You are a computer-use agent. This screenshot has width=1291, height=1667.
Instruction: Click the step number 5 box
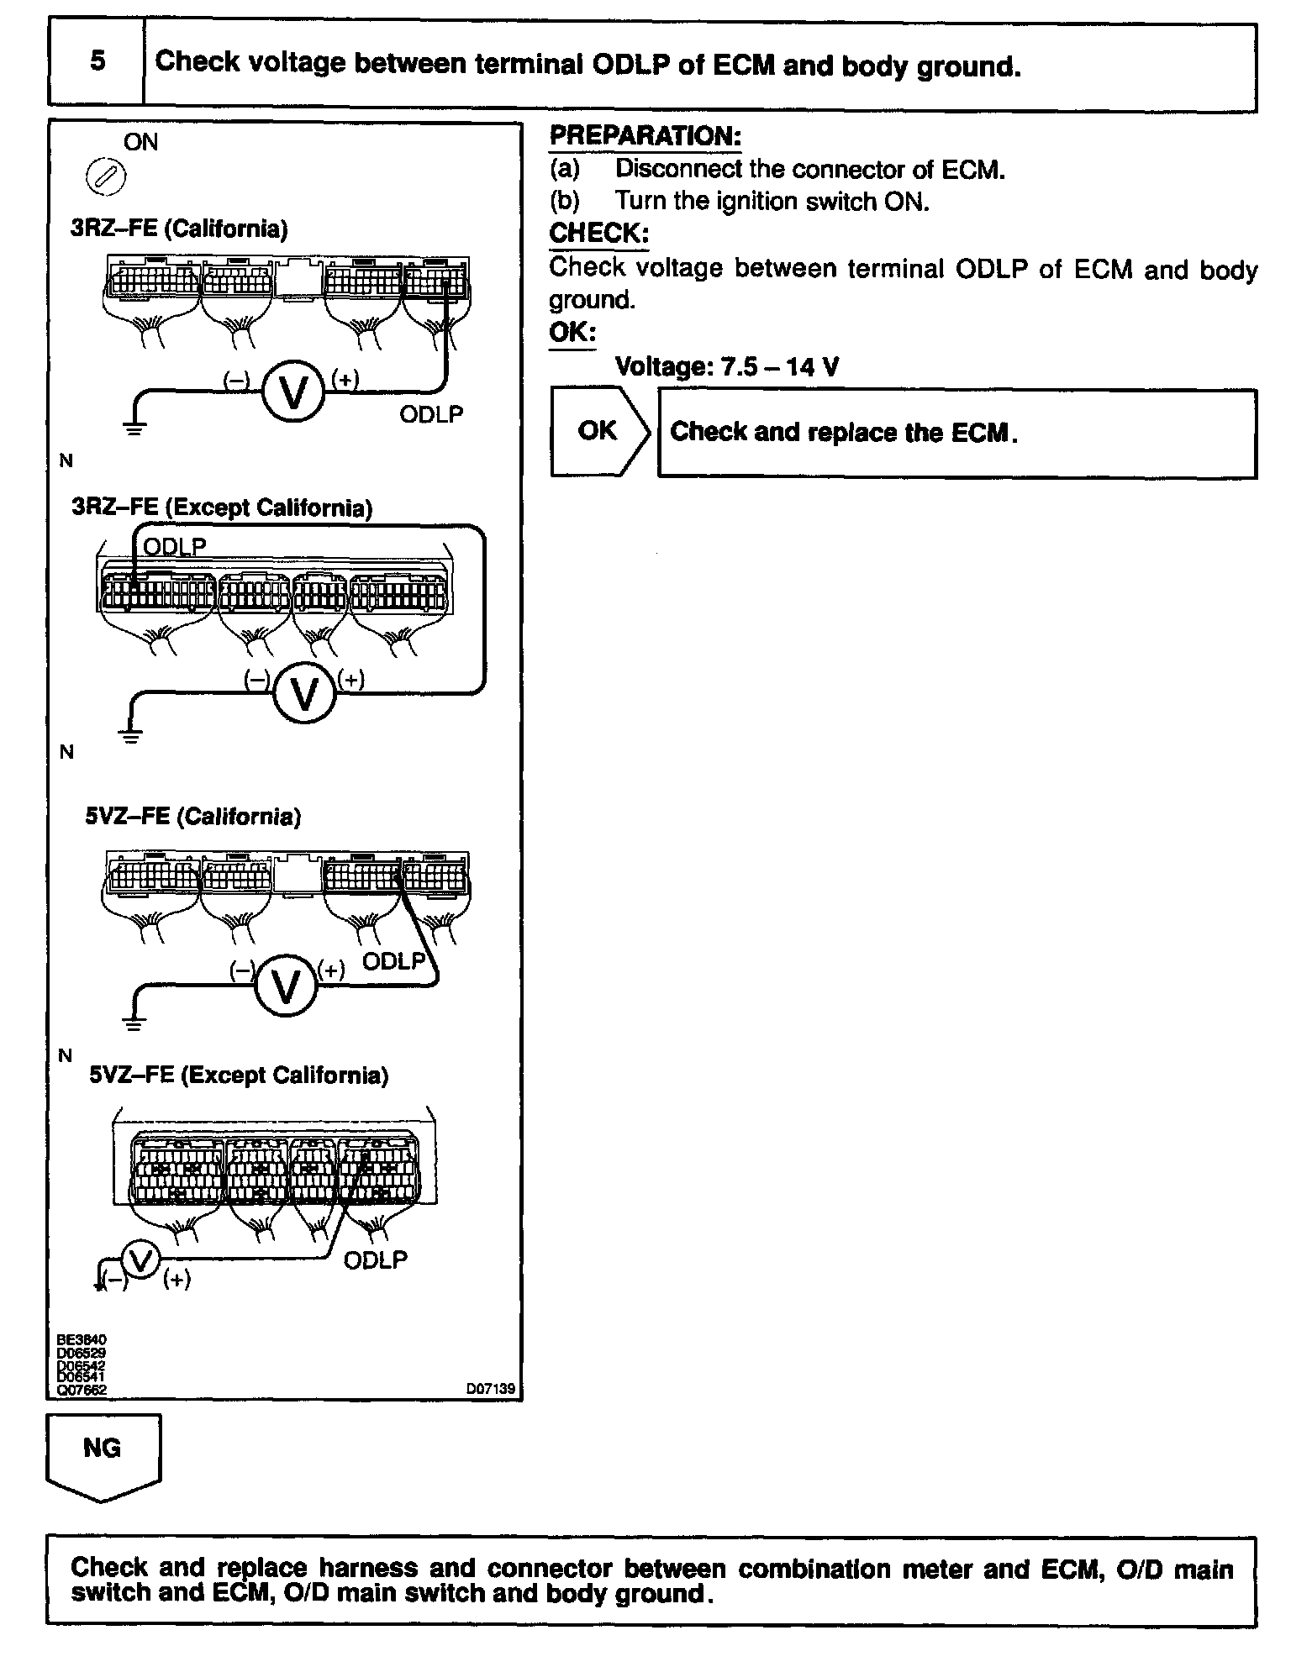pos(97,63)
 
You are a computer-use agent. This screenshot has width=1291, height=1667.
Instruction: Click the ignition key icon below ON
pos(107,178)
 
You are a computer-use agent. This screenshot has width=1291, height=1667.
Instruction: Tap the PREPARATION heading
pos(645,136)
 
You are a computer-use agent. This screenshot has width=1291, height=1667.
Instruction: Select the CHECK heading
pos(598,233)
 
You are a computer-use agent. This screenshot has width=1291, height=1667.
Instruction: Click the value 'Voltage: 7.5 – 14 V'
pos(727,366)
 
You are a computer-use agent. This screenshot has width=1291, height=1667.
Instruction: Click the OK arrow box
pos(599,432)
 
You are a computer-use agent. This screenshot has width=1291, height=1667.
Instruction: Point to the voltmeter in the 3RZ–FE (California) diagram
pos(293,392)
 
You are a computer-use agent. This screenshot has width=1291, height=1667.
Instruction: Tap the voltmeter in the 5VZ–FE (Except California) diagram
pos(140,1259)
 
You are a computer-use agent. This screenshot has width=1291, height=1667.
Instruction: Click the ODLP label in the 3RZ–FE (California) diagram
pos(431,413)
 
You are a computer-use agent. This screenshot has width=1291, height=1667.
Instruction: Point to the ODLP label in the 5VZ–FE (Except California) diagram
pos(376,1259)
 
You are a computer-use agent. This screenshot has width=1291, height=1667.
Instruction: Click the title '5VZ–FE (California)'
pos(192,817)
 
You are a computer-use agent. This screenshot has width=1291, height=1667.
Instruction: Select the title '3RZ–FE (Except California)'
pos(222,507)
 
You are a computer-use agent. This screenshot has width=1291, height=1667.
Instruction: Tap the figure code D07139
pos(491,1389)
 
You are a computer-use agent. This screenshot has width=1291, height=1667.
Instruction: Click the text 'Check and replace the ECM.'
pos(844,432)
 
